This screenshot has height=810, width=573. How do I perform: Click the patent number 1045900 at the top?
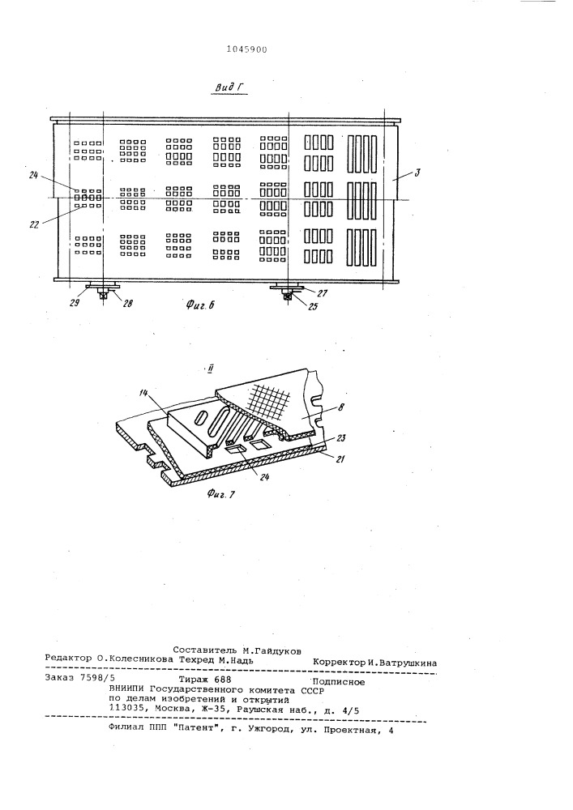tap(247, 49)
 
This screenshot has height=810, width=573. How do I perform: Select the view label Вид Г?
tap(230, 87)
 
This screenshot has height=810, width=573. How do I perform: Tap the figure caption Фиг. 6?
tap(200, 305)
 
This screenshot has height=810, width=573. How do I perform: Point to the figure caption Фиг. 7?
tap(221, 494)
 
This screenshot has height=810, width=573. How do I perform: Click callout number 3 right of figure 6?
tap(417, 172)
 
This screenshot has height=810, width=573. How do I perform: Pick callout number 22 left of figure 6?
tap(34, 224)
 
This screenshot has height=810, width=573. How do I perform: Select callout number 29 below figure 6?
tap(75, 303)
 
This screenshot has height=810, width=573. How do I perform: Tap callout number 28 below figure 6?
tap(127, 303)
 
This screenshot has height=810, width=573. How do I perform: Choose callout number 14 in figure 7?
tap(144, 394)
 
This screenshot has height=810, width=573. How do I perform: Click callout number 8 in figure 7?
tap(341, 407)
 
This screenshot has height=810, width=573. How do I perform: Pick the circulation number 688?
tap(222, 680)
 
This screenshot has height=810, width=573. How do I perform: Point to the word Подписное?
tap(339, 682)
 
